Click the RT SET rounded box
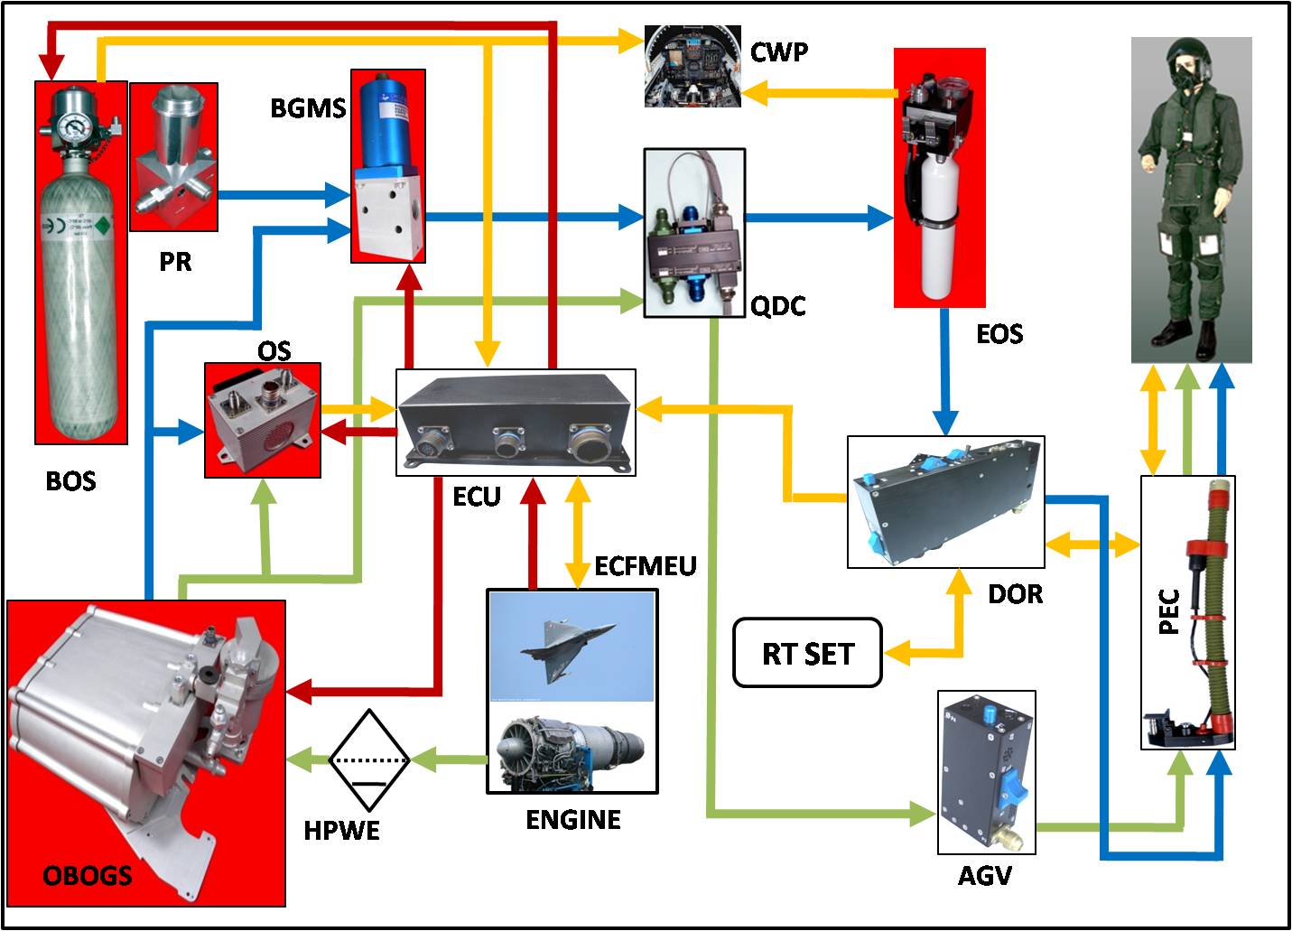tap(807, 653)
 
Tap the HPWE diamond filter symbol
tap(369, 760)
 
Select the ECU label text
tap(476, 496)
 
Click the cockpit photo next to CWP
tap(692, 67)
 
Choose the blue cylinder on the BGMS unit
tap(388, 122)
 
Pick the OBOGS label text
tap(88, 875)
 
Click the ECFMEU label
tap(646, 566)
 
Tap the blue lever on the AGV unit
tap(1014, 790)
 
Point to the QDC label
tap(777, 306)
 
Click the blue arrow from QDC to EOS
tap(818, 217)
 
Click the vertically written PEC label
tap(1168, 611)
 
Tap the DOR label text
tap(1015, 593)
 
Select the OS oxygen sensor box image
tap(263, 420)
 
